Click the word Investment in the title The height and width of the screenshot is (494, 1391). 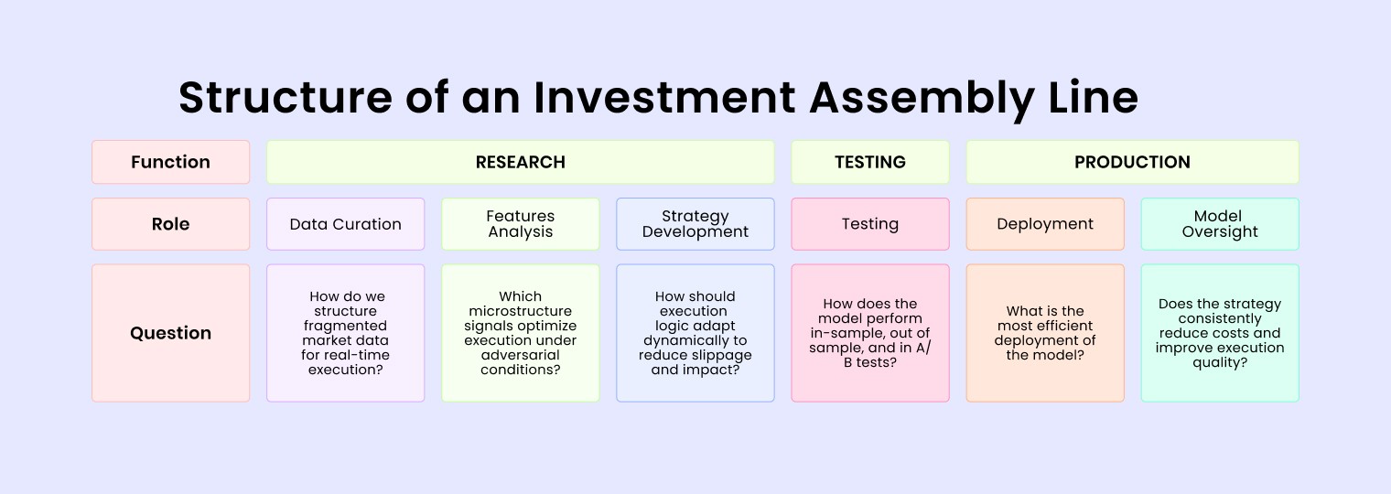(x=664, y=98)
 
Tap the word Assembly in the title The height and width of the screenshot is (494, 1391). (x=922, y=100)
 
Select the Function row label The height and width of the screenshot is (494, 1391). (x=171, y=162)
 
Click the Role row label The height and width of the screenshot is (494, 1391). (x=171, y=224)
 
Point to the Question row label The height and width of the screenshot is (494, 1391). (x=171, y=333)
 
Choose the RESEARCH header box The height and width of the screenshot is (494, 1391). (x=521, y=162)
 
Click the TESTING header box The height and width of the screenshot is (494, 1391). (x=870, y=162)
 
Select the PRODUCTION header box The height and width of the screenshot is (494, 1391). (x=1133, y=162)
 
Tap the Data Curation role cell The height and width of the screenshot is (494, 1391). (x=346, y=224)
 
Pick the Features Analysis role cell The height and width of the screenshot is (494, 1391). (x=521, y=224)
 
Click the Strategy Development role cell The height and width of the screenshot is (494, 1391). (x=695, y=224)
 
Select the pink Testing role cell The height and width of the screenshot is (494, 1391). (x=870, y=224)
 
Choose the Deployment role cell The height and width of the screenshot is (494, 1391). (x=1045, y=224)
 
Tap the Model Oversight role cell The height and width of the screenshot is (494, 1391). (x=1220, y=224)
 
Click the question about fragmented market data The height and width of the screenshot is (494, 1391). (x=346, y=333)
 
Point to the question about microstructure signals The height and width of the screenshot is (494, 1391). (x=521, y=333)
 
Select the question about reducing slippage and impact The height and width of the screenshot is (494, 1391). (x=695, y=333)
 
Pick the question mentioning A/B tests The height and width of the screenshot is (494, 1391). (x=870, y=333)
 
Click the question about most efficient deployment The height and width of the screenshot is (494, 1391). (x=1045, y=333)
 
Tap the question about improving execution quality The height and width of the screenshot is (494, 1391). (x=1220, y=333)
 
